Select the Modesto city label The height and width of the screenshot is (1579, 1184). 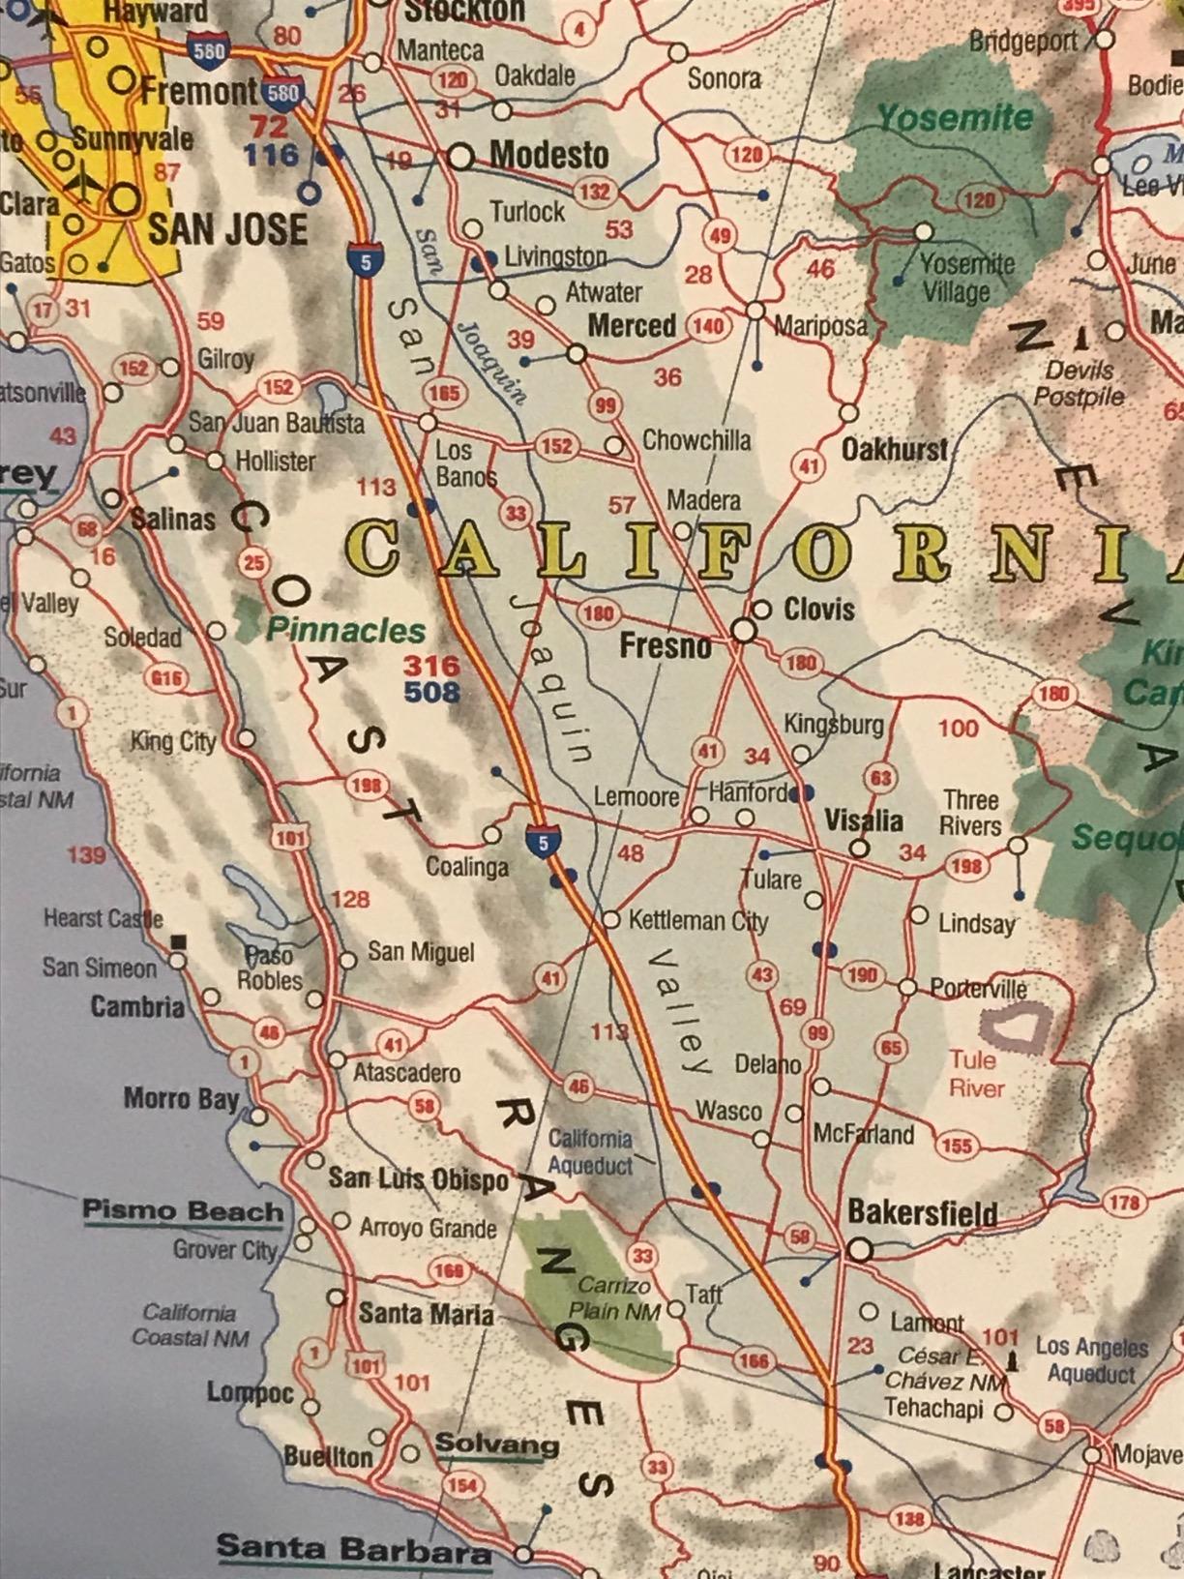pos(548,155)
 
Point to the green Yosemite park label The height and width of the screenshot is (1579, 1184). pos(955,118)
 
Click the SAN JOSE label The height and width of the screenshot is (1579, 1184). pos(226,230)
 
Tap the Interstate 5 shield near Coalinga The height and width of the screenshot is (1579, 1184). pos(543,843)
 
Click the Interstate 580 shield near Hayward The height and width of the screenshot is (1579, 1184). pos(209,50)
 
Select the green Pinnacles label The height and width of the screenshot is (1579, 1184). pos(345,631)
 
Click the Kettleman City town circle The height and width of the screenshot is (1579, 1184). pos(610,919)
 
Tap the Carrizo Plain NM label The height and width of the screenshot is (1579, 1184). pos(614,1298)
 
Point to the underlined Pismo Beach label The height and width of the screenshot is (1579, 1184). pos(183,1211)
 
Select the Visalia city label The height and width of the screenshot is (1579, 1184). pos(863,821)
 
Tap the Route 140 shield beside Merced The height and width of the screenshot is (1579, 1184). pos(708,326)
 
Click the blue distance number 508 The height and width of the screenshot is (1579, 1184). pos(431,692)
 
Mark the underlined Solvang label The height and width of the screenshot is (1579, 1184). pos(496,1445)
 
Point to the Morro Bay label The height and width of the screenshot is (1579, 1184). pos(181,1099)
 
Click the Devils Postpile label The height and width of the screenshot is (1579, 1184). pos(1079,383)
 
